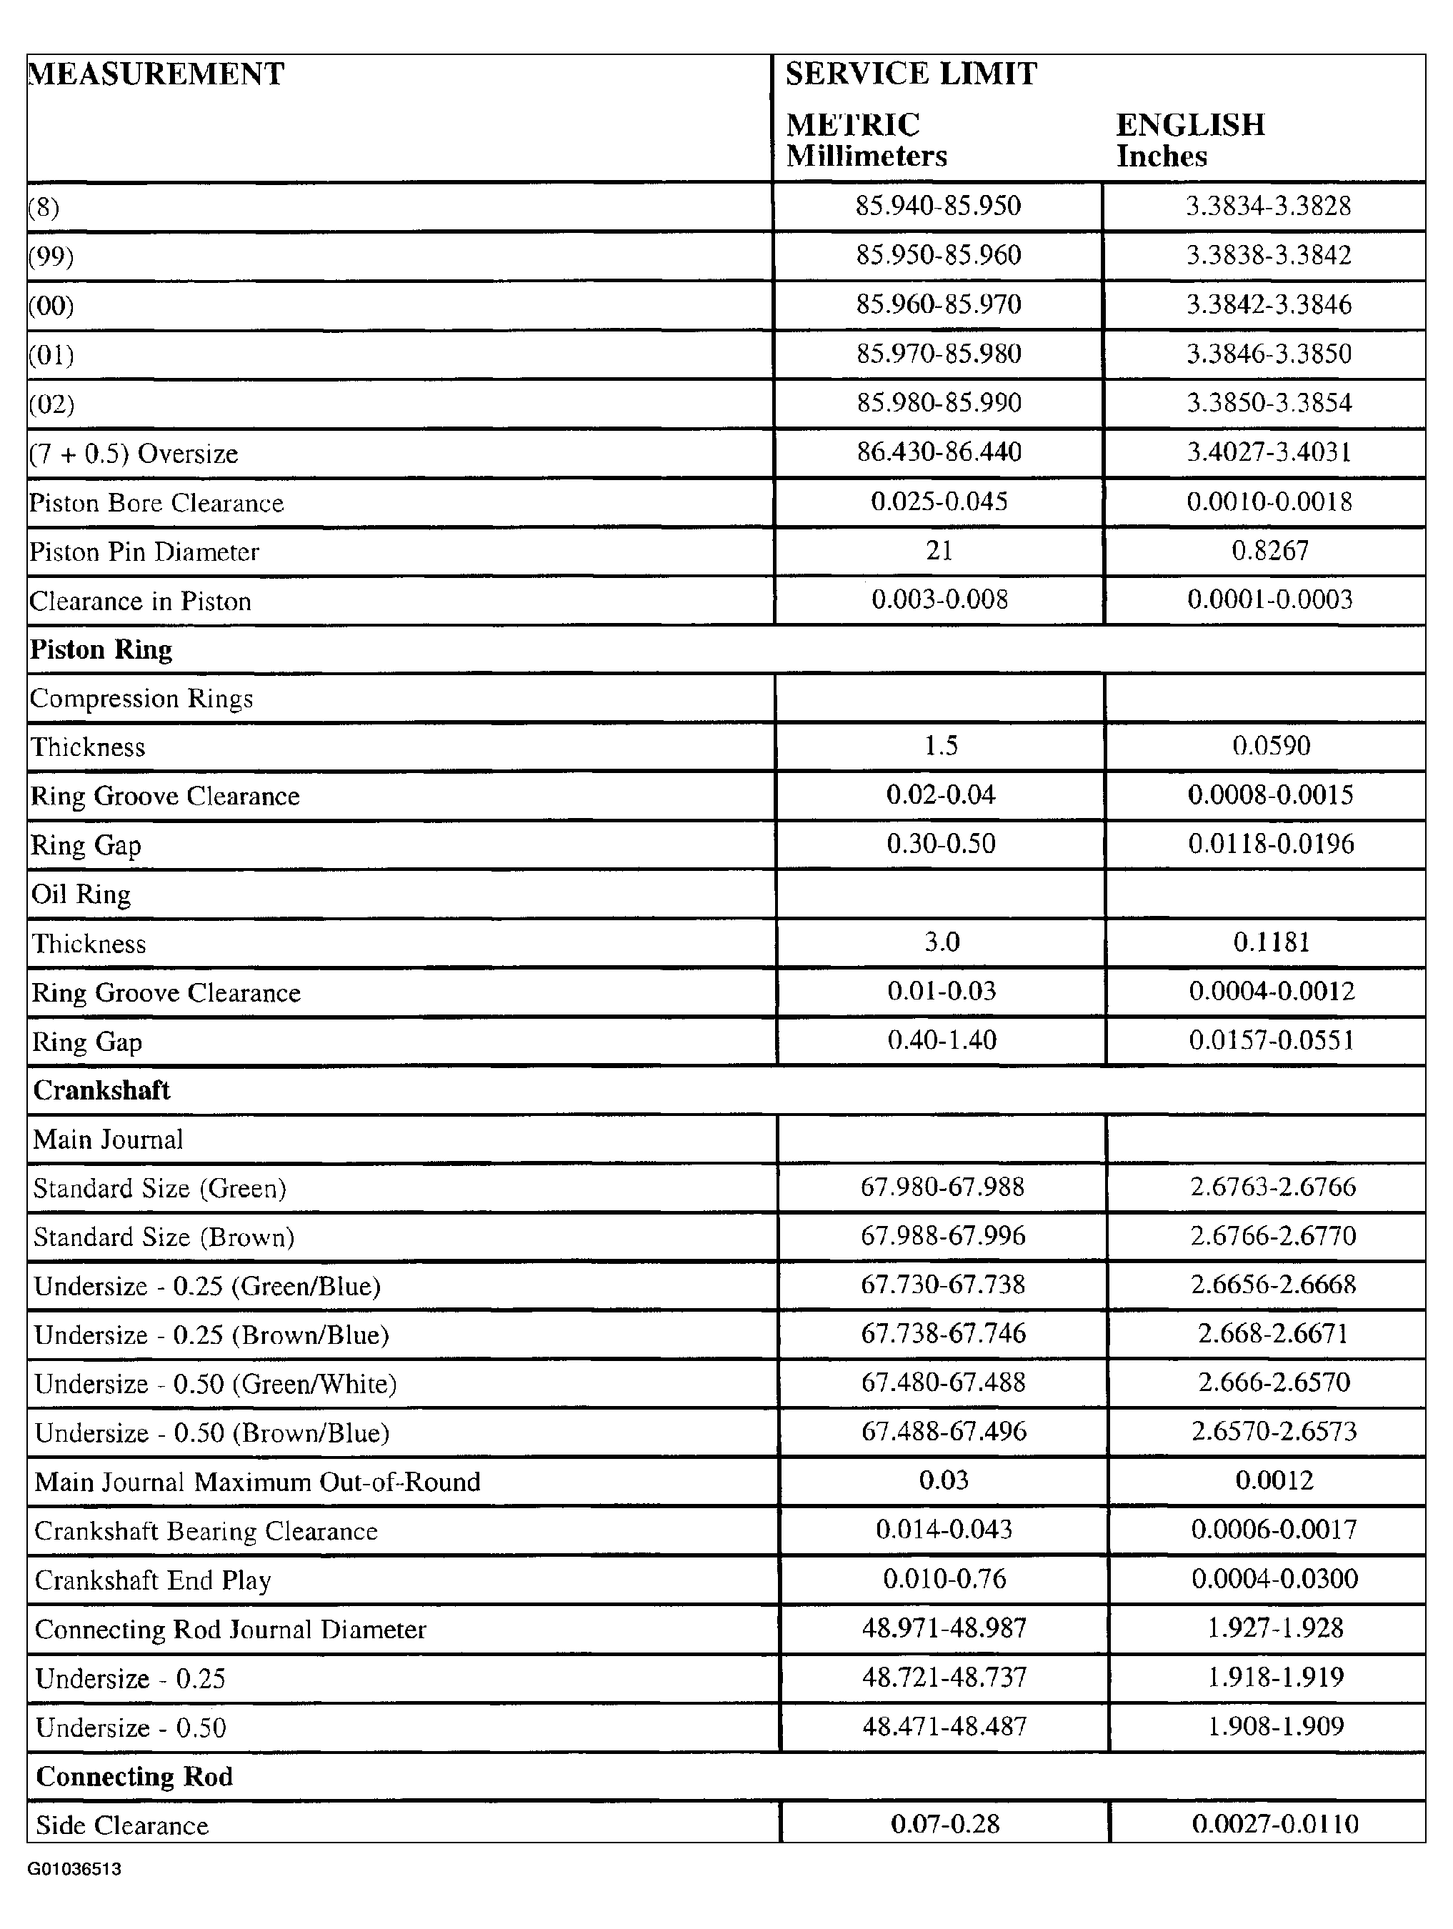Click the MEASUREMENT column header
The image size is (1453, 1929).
coord(157,74)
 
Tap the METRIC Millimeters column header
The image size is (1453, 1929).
coord(865,139)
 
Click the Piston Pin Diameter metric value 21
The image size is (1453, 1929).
coord(939,550)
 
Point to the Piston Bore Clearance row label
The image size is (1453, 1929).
coord(157,503)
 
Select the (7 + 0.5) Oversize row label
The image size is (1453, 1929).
coord(134,454)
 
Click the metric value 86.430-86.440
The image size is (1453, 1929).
coord(939,452)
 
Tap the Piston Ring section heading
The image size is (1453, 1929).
coord(101,649)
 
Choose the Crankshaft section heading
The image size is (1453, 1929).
coord(102,1090)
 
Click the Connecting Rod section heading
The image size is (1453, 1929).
coord(134,1776)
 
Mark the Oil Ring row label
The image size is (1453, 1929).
coord(81,894)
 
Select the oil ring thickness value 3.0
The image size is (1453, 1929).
coord(941,942)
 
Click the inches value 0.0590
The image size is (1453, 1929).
coord(1271,746)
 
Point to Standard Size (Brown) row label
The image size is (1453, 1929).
coord(164,1237)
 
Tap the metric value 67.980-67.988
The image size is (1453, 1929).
coord(942,1187)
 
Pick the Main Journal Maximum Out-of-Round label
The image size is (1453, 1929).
coord(257,1482)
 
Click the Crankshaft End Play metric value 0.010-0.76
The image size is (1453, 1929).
coord(944,1578)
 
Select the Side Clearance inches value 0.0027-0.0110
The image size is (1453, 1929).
coord(1274,1823)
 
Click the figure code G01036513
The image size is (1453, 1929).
coord(74,1870)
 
